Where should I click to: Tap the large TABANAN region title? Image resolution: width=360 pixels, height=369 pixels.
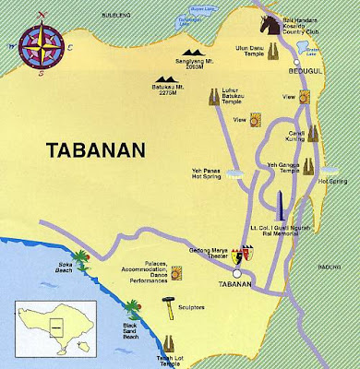86,149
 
